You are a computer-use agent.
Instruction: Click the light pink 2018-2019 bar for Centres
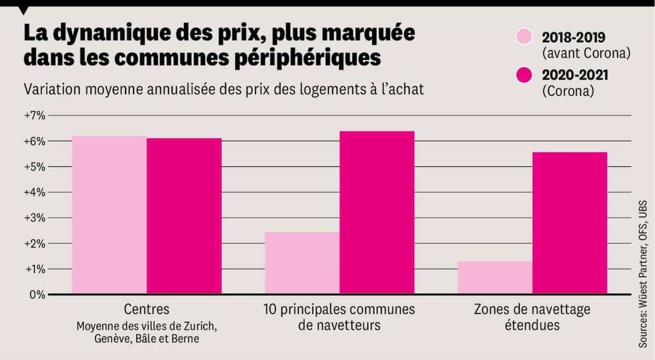point(109,215)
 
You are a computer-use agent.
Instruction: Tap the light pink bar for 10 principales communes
point(302,263)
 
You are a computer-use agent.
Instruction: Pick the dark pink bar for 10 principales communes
point(377,212)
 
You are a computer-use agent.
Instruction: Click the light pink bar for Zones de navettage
point(495,277)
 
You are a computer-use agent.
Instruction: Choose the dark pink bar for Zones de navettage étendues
point(569,223)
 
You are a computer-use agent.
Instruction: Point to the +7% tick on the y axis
point(34,116)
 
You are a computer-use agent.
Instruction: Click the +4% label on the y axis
point(34,192)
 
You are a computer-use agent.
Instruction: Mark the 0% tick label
point(36,294)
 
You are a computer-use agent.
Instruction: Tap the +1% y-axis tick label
point(34,269)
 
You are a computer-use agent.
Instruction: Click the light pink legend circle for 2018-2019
point(525,37)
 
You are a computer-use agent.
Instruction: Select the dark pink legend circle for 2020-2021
point(525,75)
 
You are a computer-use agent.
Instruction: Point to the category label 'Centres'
point(147,309)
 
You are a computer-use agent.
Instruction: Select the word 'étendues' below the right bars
point(531,325)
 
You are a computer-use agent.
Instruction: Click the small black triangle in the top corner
point(24,10)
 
